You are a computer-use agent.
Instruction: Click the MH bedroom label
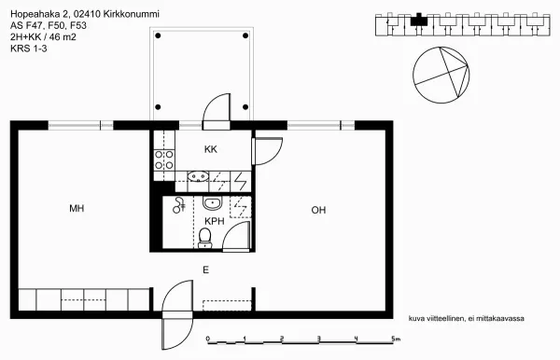[x=77, y=209]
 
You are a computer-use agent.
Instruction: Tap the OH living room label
[x=318, y=210]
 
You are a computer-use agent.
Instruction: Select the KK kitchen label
[x=211, y=149]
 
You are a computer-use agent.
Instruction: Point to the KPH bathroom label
[x=214, y=221]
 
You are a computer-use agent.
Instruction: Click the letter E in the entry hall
[x=206, y=269]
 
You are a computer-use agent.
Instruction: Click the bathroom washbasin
[x=212, y=202]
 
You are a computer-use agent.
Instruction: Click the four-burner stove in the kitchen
[x=164, y=159]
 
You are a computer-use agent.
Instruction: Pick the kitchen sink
[x=198, y=176]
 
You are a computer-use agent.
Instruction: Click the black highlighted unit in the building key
[x=420, y=17]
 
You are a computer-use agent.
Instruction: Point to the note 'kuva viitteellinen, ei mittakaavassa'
[x=467, y=318]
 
